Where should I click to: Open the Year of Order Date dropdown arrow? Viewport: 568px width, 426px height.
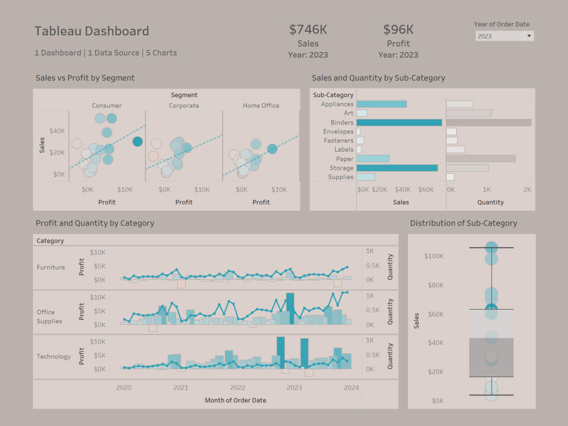(x=529, y=36)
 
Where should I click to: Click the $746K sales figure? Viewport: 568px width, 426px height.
(x=308, y=30)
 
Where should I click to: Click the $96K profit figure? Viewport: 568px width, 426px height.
(x=398, y=30)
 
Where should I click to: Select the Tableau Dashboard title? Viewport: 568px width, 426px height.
(x=91, y=31)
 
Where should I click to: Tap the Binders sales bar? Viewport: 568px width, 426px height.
(x=399, y=123)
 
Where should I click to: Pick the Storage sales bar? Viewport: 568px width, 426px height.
(x=397, y=168)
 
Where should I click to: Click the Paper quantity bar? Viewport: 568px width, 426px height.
(x=481, y=159)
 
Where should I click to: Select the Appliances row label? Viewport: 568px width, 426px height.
(x=337, y=105)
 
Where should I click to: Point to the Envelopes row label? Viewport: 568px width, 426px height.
(x=338, y=132)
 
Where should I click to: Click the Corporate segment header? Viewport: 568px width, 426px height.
(x=184, y=106)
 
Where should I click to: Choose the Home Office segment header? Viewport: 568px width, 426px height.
(x=261, y=106)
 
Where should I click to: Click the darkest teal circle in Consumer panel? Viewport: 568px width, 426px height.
(x=137, y=141)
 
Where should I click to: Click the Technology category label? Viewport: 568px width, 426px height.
(x=54, y=357)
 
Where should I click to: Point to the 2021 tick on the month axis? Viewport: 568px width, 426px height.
(x=181, y=388)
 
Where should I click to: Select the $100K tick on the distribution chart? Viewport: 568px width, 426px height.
(x=433, y=256)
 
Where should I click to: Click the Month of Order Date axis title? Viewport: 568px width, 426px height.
(x=235, y=400)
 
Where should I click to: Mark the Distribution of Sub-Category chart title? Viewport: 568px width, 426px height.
(x=463, y=223)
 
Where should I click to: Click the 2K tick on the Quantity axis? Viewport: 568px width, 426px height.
(x=527, y=189)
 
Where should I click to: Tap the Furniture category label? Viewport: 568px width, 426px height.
(x=51, y=268)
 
